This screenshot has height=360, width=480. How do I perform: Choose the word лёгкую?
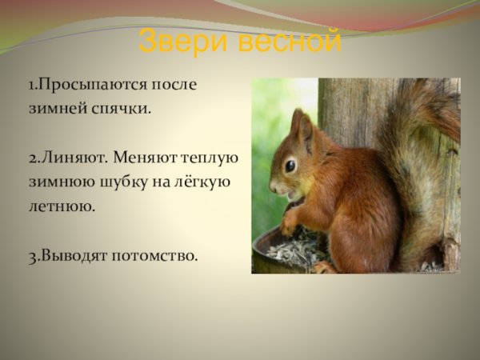(201, 182)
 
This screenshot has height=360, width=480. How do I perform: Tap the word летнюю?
(62, 206)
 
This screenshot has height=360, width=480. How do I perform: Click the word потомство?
(154, 256)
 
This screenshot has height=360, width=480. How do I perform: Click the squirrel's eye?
(290, 166)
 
